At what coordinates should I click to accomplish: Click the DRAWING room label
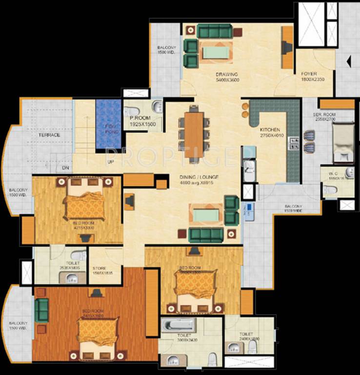[227, 75]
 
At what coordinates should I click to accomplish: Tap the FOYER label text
[309, 74]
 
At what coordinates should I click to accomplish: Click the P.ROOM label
[139, 119]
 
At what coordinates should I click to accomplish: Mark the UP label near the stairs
[110, 162]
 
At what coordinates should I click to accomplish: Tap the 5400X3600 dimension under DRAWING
[227, 80]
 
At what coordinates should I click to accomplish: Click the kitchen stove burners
[295, 143]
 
